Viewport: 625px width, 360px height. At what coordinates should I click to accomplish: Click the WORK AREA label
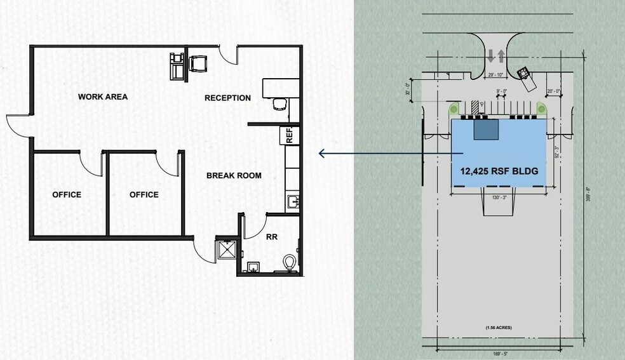point(103,97)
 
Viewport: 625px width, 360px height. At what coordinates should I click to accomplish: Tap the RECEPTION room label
point(227,98)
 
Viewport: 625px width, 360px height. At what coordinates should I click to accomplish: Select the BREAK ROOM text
point(234,175)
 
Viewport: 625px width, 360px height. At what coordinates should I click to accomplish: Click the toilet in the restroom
point(291,262)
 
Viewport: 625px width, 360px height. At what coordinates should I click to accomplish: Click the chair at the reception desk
point(278,103)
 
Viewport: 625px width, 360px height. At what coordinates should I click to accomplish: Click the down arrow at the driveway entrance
point(491,57)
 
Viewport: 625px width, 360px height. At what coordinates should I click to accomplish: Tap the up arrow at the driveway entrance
point(501,57)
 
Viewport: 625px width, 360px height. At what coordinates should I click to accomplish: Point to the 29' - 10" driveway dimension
point(496,74)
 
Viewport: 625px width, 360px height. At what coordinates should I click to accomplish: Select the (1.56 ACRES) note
point(499,328)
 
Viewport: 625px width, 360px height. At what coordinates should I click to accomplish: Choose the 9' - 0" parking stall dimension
point(501,91)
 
